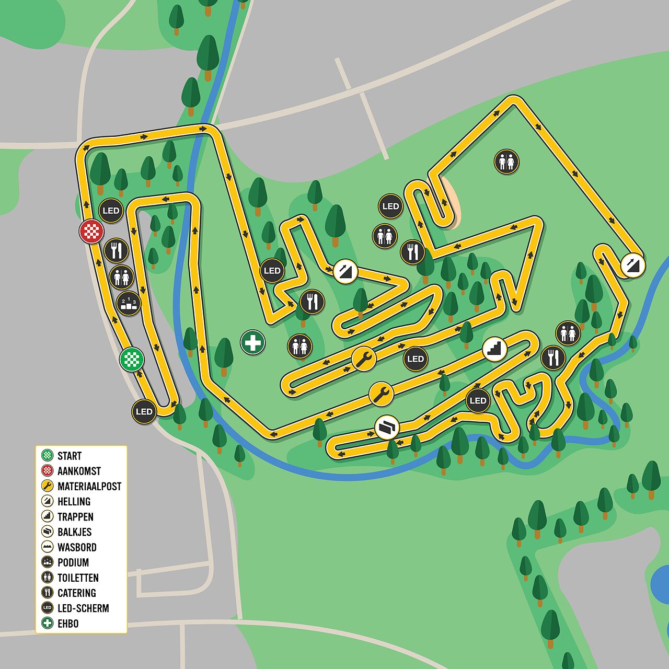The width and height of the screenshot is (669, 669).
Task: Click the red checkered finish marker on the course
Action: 91,231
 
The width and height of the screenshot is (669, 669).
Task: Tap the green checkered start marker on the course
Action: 132,360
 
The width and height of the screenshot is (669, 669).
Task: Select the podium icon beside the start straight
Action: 128,304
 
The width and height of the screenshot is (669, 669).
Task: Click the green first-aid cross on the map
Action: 253,343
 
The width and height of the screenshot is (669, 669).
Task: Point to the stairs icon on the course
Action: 494,348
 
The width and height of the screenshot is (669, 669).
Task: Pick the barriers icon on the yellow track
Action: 387,428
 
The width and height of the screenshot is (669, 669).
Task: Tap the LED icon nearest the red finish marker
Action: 111,211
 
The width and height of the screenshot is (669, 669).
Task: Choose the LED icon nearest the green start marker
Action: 144,411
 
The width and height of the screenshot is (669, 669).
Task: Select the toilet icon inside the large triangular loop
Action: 506,162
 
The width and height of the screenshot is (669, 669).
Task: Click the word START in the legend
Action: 70,456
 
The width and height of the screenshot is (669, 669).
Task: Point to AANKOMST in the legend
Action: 79,471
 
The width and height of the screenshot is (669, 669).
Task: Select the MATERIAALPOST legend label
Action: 89,486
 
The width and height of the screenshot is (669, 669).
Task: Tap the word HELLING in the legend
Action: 74,502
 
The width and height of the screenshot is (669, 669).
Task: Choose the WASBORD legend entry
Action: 77,547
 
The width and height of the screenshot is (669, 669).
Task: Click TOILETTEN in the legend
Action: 78,578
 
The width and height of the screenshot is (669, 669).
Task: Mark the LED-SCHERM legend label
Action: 83,608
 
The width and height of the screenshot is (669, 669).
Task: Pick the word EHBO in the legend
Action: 68,624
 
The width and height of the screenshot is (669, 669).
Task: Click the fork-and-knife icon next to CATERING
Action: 48,593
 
